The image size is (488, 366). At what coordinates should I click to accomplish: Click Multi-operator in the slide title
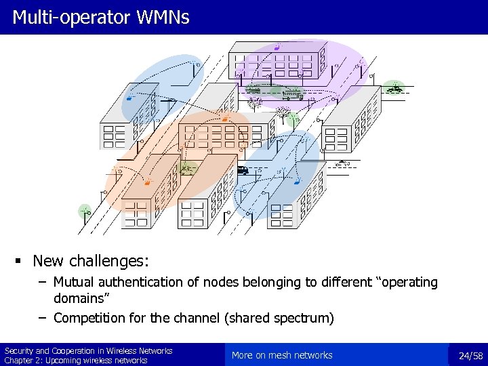(x=70, y=17)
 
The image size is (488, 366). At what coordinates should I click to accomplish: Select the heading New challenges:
(x=90, y=261)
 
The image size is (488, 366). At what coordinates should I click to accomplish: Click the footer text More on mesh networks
(x=282, y=355)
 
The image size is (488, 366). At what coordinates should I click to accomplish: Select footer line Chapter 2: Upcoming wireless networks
(x=76, y=361)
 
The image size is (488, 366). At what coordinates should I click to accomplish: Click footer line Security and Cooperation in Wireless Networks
(x=88, y=350)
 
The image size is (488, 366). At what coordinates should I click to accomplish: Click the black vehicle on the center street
(x=242, y=169)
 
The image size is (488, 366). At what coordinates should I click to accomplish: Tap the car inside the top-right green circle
(x=394, y=87)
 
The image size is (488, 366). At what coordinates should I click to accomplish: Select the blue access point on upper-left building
(x=129, y=98)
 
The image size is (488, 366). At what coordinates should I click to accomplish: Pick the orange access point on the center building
(x=225, y=119)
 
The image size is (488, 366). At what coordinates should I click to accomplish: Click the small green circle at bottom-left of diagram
(x=84, y=210)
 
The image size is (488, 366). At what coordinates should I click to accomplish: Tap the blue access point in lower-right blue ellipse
(x=297, y=182)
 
